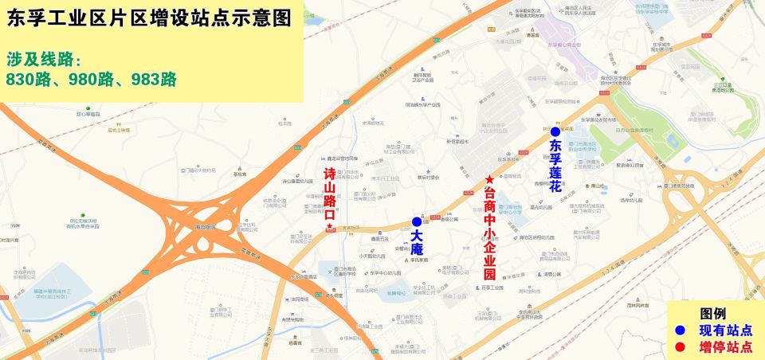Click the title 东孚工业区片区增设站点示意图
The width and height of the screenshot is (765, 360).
pos(149,18)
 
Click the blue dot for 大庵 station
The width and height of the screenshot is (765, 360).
pos(416,222)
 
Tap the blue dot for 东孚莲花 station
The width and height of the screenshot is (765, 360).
pos(555,131)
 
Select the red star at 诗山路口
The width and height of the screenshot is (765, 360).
pos(329,228)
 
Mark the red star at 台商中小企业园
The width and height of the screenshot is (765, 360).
pos(488,179)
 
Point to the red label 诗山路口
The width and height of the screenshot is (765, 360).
pos(329,194)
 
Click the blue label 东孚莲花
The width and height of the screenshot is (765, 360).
pos(555,166)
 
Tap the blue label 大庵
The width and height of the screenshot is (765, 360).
pos(417,244)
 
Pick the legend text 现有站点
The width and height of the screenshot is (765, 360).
pos(725,330)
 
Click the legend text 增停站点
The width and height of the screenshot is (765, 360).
pos(725,346)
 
